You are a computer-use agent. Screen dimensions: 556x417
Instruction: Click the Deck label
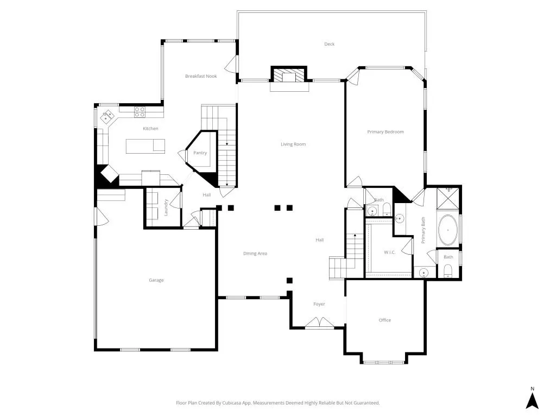pos(329,44)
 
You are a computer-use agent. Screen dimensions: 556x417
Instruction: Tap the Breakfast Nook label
pos(201,76)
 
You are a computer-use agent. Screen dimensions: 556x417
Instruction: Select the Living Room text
pos(293,144)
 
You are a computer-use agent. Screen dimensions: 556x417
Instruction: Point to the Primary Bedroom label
pos(386,132)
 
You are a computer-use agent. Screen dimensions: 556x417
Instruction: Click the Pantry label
pos(200,153)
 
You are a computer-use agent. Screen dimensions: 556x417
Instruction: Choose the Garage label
pos(156,280)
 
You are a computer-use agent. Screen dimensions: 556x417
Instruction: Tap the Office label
pos(385,320)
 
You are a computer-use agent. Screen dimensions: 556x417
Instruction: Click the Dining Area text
pos(255,254)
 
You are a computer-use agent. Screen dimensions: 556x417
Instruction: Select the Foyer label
pos(319,304)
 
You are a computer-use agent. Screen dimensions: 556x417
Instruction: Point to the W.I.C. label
pos(390,252)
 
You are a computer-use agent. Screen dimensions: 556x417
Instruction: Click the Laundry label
pos(166,207)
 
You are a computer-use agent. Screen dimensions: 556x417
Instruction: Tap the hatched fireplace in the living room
pos(289,74)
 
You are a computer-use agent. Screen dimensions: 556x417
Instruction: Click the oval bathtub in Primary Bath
pos(448,230)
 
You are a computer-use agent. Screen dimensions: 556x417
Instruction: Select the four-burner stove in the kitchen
pos(140,112)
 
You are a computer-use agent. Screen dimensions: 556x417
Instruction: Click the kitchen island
pos(146,146)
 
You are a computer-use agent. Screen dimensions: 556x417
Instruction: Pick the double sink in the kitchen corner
pos(107,116)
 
